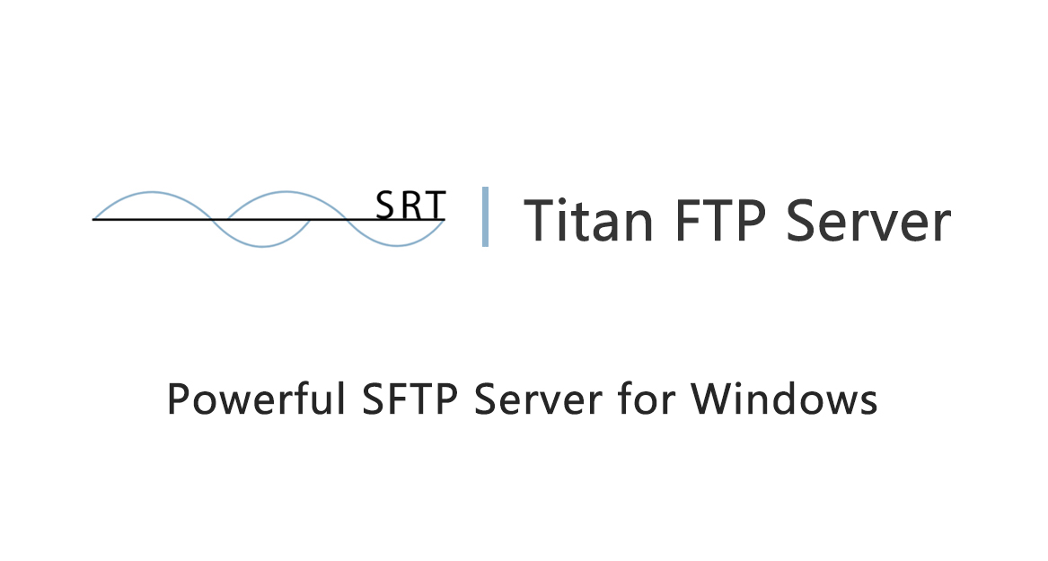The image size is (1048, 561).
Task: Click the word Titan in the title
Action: (589, 220)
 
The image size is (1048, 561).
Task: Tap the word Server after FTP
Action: (868, 221)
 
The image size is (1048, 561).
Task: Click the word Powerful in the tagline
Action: (257, 399)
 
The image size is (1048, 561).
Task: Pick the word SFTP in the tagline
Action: (410, 399)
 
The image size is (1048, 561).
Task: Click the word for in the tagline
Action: (646, 399)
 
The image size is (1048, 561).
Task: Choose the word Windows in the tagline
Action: (784, 399)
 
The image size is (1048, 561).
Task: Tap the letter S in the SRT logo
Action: (386, 205)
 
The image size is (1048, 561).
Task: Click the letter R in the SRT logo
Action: (411, 206)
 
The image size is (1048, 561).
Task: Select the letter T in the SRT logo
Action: (435, 206)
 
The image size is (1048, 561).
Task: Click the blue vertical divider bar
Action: (485, 216)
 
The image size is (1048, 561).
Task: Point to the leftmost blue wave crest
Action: (153, 192)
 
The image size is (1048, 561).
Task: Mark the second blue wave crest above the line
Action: (286, 192)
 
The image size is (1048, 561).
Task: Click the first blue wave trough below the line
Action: (262, 247)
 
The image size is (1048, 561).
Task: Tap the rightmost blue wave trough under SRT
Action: (396, 246)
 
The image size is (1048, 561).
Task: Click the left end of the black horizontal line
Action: (92, 219)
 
